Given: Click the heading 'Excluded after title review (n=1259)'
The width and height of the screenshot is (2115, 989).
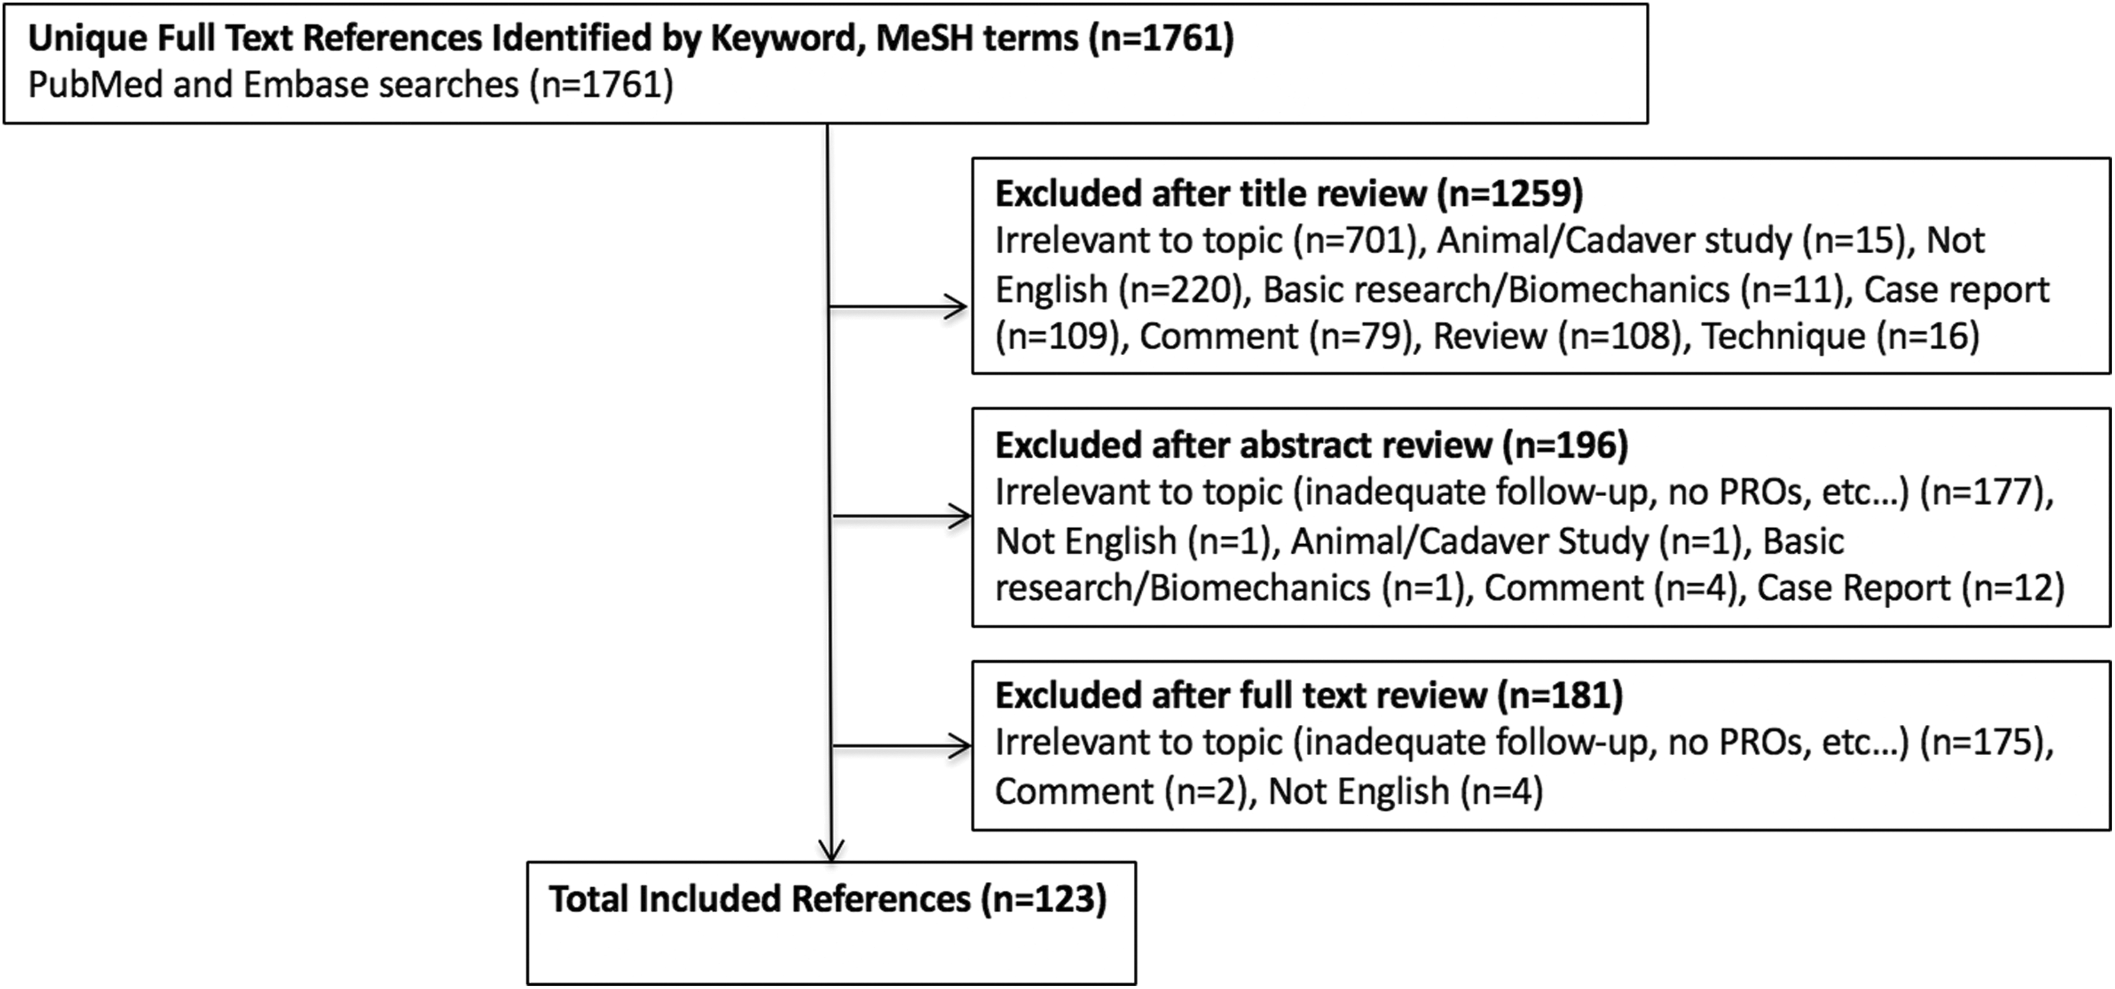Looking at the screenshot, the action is pyautogui.click(x=1289, y=194).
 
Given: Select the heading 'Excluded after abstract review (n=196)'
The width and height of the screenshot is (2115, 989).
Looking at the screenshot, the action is pyautogui.click(x=1311, y=445).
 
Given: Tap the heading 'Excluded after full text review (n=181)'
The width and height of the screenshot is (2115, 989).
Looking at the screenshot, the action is pyautogui.click(x=1309, y=695).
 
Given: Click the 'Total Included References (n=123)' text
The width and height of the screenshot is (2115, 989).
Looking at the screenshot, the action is pyautogui.click(x=827, y=899).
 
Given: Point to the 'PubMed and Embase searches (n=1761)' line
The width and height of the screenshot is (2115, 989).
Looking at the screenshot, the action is pyautogui.click(x=351, y=85).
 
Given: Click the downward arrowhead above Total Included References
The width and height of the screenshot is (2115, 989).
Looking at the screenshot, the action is pyautogui.click(x=832, y=849).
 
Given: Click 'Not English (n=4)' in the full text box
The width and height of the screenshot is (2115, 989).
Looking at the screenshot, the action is pyautogui.click(x=1406, y=792).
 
